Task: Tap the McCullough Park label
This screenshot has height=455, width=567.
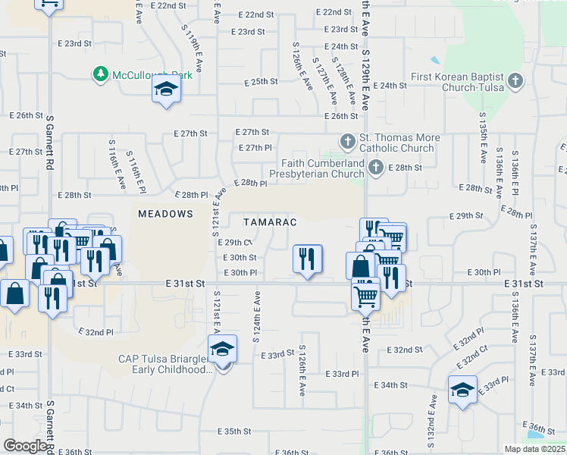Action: (x=152, y=74)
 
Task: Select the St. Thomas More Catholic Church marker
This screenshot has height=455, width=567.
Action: (x=348, y=141)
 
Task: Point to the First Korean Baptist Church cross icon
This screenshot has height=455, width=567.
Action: (x=515, y=80)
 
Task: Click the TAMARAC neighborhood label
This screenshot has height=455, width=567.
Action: (x=269, y=222)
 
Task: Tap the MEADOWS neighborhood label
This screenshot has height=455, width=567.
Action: (x=165, y=215)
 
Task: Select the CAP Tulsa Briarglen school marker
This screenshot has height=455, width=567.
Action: (x=222, y=350)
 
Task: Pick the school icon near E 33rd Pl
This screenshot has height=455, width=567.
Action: (x=462, y=390)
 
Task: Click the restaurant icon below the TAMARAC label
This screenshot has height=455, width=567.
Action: (x=308, y=259)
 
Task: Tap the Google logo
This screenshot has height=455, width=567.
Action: (x=24, y=446)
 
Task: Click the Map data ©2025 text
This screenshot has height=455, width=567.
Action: (x=534, y=449)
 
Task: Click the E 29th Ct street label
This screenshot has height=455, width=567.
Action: (x=238, y=243)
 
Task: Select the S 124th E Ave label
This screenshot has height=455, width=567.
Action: (x=256, y=315)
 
